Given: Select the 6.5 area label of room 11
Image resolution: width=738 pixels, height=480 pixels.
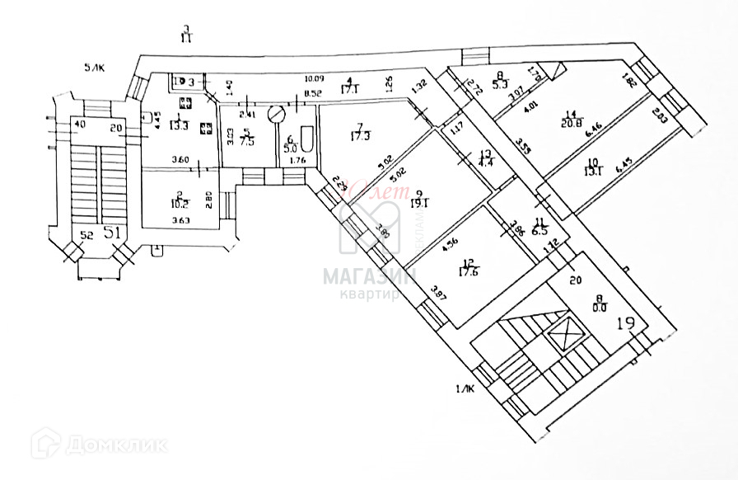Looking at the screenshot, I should (540, 232).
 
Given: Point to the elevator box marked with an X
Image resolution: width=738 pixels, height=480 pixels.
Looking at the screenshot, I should (565, 337).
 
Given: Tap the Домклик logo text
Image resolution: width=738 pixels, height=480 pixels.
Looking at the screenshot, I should (115, 445).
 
